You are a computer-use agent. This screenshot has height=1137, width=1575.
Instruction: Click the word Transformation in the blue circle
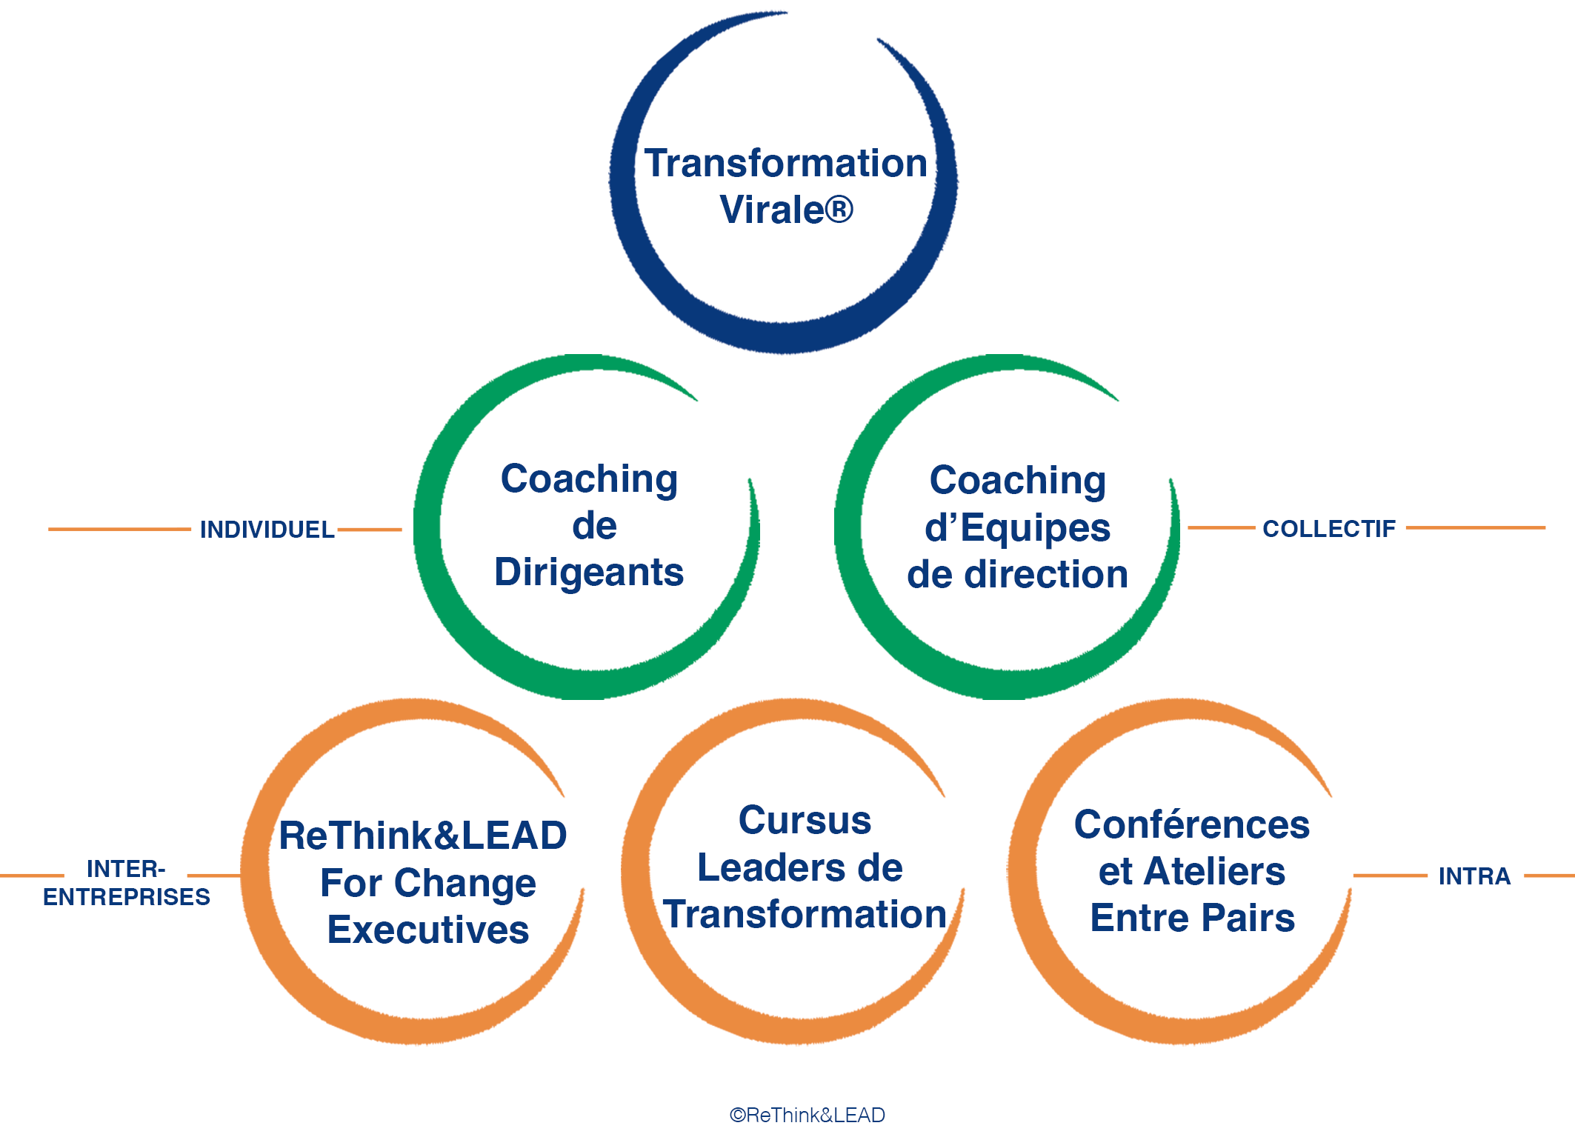[785, 163]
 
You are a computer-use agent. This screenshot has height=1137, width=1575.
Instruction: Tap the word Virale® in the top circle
[786, 210]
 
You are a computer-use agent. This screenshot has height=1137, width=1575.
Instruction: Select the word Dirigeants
[589, 573]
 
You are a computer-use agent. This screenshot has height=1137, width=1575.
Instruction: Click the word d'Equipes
[1017, 527]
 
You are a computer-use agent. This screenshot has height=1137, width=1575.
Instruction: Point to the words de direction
[1017, 574]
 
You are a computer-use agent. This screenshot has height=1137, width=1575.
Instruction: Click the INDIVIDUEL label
[267, 530]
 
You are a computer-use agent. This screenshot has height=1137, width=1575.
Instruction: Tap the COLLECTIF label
[1329, 529]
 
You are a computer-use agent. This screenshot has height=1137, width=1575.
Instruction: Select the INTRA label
[1474, 876]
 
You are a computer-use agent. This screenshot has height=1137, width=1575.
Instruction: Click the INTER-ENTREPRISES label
[126, 882]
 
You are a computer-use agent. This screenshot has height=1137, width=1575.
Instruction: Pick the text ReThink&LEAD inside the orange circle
[423, 836]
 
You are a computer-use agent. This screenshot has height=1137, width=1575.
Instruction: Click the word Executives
[428, 930]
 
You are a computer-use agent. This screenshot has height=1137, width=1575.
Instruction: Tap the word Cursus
[805, 821]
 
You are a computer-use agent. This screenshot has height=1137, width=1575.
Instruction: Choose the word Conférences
[1192, 824]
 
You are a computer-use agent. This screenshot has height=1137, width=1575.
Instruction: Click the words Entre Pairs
[1192, 918]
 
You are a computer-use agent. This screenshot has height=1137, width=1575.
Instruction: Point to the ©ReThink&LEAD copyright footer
[807, 1115]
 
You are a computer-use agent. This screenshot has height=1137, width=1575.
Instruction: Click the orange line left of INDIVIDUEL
[119, 529]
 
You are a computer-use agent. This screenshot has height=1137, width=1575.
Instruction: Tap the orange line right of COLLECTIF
[1476, 528]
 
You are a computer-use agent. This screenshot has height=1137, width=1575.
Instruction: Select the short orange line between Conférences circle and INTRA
[1390, 876]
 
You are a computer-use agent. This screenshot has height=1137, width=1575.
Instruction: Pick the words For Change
[428, 884]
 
